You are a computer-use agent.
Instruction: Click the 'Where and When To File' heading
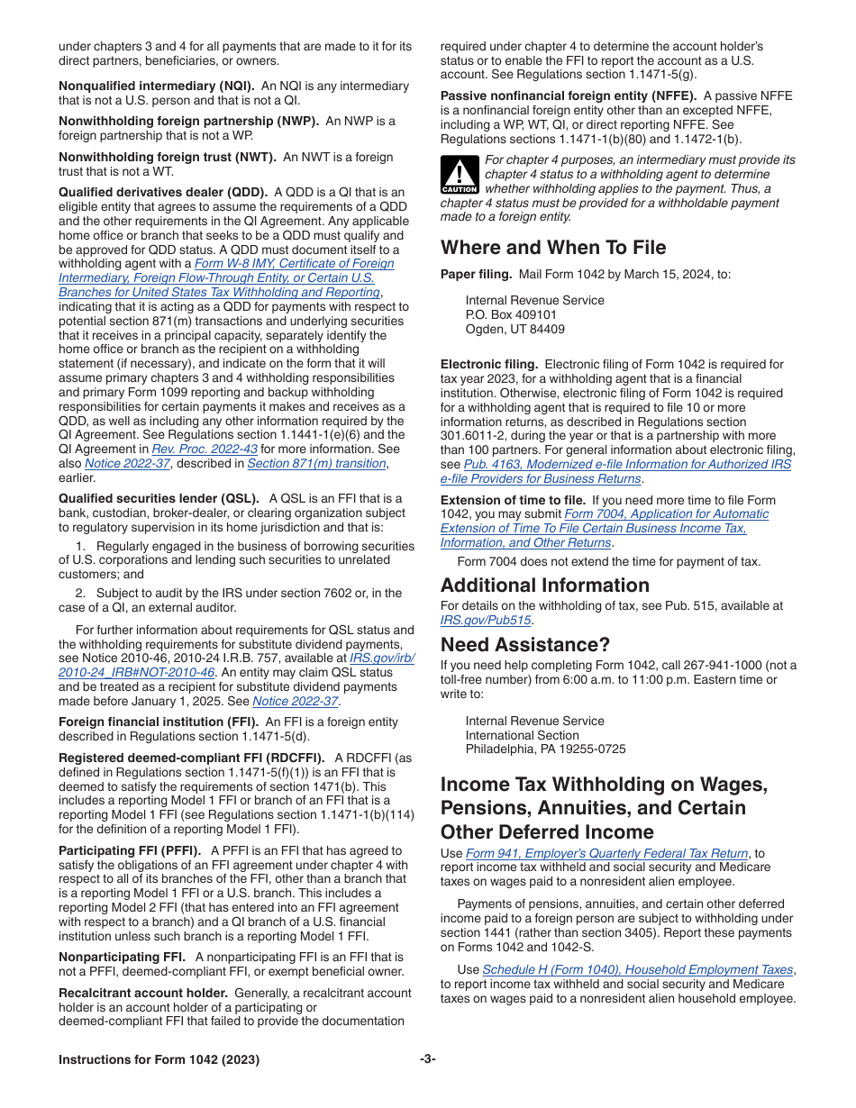pos(553,248)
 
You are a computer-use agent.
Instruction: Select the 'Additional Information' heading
pos(544,586)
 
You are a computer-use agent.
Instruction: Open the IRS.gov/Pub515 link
pos(487,620)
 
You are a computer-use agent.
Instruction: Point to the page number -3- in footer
pos(428,1059)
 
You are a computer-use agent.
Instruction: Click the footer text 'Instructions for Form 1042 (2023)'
pos(159,1059)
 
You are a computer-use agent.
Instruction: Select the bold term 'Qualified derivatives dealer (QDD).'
pos(163,192)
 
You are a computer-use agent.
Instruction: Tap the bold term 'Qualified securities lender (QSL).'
pos(159,498)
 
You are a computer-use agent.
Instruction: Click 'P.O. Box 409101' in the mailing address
pos(511,314)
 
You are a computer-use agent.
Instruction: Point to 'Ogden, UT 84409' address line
pos(515,329)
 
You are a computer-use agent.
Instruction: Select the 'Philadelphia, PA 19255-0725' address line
pos(545,749)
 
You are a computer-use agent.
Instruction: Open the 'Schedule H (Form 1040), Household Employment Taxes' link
pos(637,970)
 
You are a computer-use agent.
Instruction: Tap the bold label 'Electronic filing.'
pos(489,365)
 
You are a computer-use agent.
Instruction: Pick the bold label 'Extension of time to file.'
pos(512,500)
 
